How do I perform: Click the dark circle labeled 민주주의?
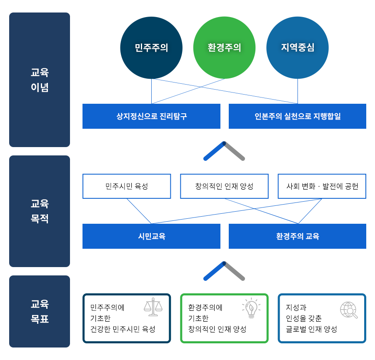coord(151,48)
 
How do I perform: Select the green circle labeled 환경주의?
coord(224,48)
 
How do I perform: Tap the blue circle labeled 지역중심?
coord(297,48)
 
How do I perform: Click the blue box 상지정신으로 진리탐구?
coord(151,116)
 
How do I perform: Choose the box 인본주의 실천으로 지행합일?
coord(297,116)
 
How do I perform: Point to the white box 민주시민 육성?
coord(127,186)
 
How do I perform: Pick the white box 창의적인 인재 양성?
coord(224,186)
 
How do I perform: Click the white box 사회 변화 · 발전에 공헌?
coord(322,186)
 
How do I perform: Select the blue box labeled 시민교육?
coord(151,236)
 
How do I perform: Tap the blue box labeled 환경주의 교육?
coord(297,236)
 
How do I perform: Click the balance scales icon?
coord(153,307)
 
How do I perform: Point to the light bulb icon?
coord(251,308)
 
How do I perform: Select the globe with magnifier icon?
coord(349,310)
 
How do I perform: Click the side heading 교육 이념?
coord(40,80)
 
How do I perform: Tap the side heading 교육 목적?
coord(40,211)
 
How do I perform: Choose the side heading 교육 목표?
coord(40,312)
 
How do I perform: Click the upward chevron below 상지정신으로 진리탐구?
coord(224,151)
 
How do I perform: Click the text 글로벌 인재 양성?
coord(311,329)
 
